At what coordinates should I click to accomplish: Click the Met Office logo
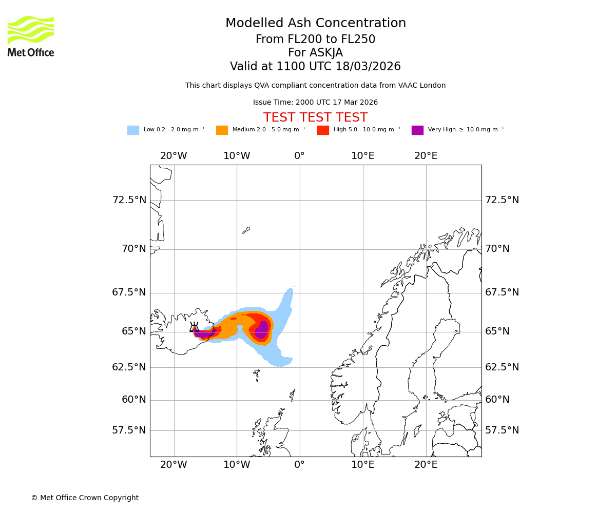pos(31,36)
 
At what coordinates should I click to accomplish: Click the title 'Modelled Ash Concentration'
pos(315,24)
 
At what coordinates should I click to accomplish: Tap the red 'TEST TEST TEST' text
pos(315,117)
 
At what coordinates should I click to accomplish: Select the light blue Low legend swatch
pos(133,130)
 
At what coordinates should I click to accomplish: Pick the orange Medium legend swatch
pos(222,130)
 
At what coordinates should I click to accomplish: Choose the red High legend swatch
pos(323,130)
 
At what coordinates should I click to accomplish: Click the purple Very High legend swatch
pos(417,130)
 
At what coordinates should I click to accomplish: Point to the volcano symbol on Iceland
pos(194,328)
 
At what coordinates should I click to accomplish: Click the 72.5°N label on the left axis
pos(129,200)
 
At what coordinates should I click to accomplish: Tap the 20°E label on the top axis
pos(426,156)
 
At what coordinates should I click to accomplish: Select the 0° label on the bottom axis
pos(300,465)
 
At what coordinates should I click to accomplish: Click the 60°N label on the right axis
pos(497,400)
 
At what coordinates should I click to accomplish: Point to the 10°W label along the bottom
pos(237,465)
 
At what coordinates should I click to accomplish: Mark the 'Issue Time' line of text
pos(315,103)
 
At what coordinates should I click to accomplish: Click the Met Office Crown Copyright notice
pos(85,498)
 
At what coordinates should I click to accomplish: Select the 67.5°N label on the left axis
pos(129,292)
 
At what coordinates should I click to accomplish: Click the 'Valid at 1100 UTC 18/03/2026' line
pos(315,67)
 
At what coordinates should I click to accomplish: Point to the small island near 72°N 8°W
pos(246,230)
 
